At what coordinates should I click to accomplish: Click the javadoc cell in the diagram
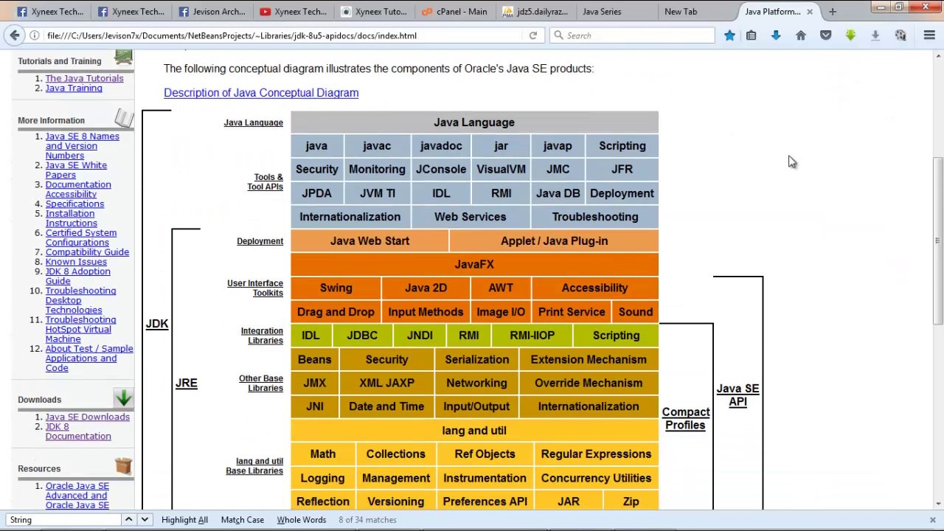click(x=441, y=146)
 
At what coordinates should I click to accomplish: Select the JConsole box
click(x=441, y=170)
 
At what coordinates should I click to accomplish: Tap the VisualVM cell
click(x=501, y=170)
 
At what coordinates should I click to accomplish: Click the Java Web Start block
click(x=369, y=241)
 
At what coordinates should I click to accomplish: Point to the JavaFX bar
click(x=474, y=264)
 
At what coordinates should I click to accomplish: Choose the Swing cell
click(x=336, y=288)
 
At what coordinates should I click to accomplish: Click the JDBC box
click(x=362, y=336)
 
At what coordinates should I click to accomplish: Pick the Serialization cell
click(x=476, y=360)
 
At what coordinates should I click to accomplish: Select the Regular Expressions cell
click(x=596, y=454)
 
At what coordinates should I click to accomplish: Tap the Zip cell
click(x=631, y=502)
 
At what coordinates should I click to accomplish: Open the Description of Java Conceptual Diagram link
click(x=261, y=93)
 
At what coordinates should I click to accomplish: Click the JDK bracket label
click(x=157, y=324)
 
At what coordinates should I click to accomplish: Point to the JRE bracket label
click(x=187, y=383)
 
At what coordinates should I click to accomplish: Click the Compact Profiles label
click(x=686, y=418)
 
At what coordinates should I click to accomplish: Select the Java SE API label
click(x=737, y=395)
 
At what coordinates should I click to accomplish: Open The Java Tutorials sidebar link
click(x=84, y=78)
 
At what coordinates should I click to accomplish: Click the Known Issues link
click(x=76, y=262)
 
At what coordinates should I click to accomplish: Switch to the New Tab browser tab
click(x=681, y=12)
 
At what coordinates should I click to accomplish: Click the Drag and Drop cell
click(x=336, y=312)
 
